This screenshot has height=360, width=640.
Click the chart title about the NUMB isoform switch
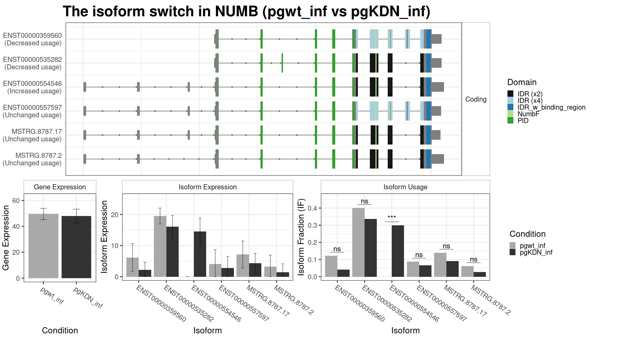tap(246, 11)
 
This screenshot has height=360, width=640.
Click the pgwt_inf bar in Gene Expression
tap(43, 246)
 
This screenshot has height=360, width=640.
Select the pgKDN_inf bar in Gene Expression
tap(76, 247)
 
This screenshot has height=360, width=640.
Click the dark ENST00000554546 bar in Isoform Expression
tap(200, 254)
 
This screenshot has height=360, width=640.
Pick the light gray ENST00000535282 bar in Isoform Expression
tap(160, 246)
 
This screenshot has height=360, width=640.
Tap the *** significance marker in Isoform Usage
tap(392, 217)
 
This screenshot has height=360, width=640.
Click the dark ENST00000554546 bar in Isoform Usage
tap(398, 251)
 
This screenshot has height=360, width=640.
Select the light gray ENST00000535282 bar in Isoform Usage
tap(358, 242)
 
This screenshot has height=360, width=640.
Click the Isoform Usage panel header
tap(405, 187)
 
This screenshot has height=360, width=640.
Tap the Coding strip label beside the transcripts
tap(476, 99)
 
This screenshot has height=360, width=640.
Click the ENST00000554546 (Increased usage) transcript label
tap(32, 87)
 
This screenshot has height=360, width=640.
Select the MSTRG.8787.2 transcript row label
tap(32, 159)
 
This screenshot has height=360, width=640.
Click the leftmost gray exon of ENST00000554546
tap(85, 87)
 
